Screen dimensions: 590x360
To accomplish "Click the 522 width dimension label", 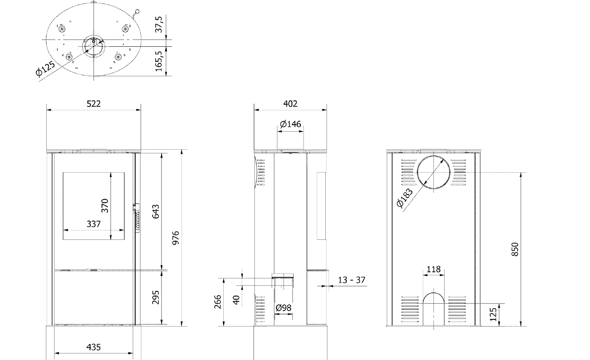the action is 94,104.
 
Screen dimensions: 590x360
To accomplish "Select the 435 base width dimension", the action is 93,347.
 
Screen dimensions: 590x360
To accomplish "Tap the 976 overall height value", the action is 176,238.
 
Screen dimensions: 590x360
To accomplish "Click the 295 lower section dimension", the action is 156,297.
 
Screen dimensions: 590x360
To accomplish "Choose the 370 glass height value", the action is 105,206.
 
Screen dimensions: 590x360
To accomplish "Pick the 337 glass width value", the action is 93,224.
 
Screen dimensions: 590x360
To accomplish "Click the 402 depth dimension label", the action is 290,104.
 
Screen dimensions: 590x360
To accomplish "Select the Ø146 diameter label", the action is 290,124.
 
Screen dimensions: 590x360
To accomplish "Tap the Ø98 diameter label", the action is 284,308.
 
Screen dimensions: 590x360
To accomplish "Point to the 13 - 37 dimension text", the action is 352,280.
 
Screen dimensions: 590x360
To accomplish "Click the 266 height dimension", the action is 218,302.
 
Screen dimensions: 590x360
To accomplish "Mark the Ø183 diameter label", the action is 404,198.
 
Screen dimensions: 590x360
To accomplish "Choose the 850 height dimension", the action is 515,249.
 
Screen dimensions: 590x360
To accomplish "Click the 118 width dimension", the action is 433,269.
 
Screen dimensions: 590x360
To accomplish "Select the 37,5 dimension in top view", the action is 159,24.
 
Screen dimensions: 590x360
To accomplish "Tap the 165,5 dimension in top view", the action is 159,62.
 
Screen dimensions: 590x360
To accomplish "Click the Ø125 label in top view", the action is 45,69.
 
